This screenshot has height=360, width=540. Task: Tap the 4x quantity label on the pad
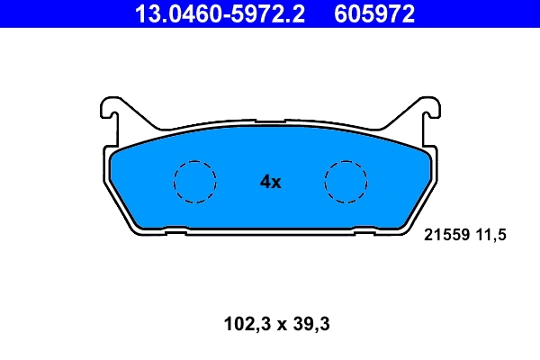pos(270,182)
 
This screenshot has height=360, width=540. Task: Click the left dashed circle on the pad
pos(194,182)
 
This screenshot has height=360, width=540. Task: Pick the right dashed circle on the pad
pos(346,182)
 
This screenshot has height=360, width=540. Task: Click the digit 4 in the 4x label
pos(265,182)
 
